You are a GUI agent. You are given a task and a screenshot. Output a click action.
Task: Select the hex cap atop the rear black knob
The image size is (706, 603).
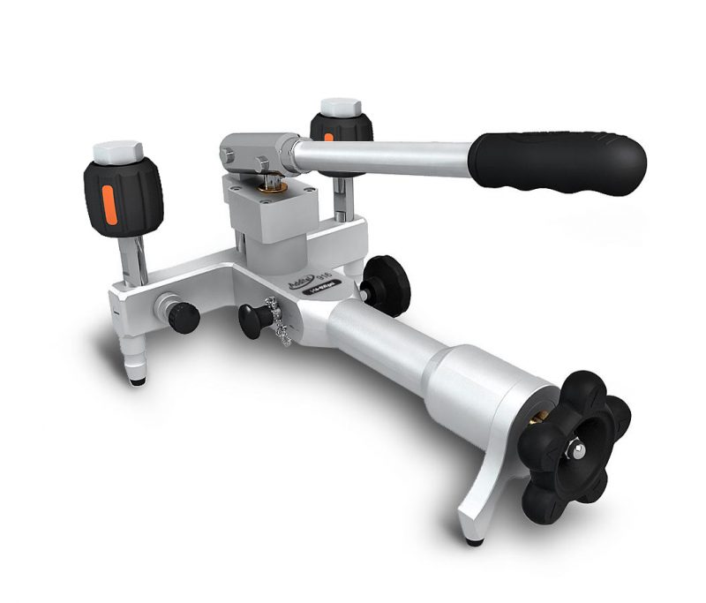338,108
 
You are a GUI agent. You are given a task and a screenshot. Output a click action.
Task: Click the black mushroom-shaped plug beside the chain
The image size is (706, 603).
253,316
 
